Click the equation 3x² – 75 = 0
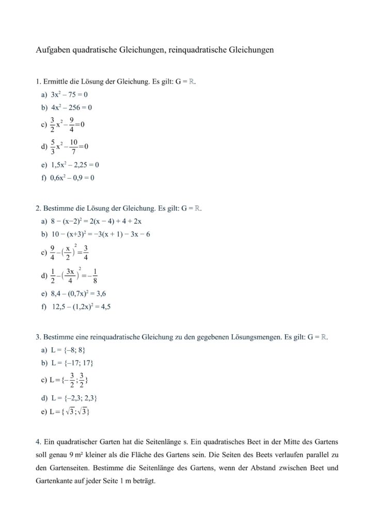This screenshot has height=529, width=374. point(70,95)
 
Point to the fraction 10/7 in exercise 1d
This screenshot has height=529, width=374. point(74,147)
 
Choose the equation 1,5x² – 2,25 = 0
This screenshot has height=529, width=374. point(74,165)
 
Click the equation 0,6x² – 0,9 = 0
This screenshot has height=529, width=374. point(72,178)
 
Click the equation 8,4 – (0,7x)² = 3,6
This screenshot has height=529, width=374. point(79,293)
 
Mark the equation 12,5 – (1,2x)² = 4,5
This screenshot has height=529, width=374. point(82,306)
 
